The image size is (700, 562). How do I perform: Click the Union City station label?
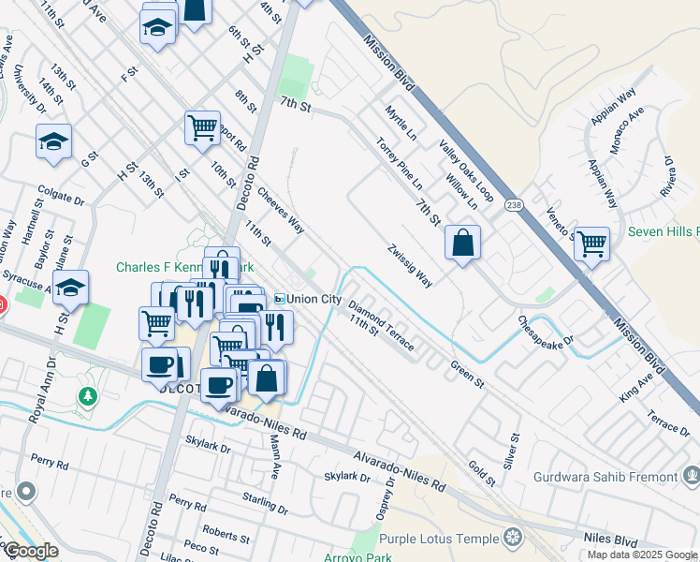point(314,299)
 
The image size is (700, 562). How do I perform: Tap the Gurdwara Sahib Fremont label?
point(605,477)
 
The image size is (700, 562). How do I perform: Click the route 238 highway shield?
point(513,205)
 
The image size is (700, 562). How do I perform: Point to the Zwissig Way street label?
point(410,265)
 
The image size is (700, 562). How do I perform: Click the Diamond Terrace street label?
point(381,326)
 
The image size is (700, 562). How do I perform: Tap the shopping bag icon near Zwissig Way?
point(462,244)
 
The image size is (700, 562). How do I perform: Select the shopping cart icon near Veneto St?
point(591,244)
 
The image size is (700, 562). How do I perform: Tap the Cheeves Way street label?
point(280,212)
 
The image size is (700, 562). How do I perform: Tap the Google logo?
point(30,552)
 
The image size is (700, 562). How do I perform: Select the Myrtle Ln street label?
point(400,124)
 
